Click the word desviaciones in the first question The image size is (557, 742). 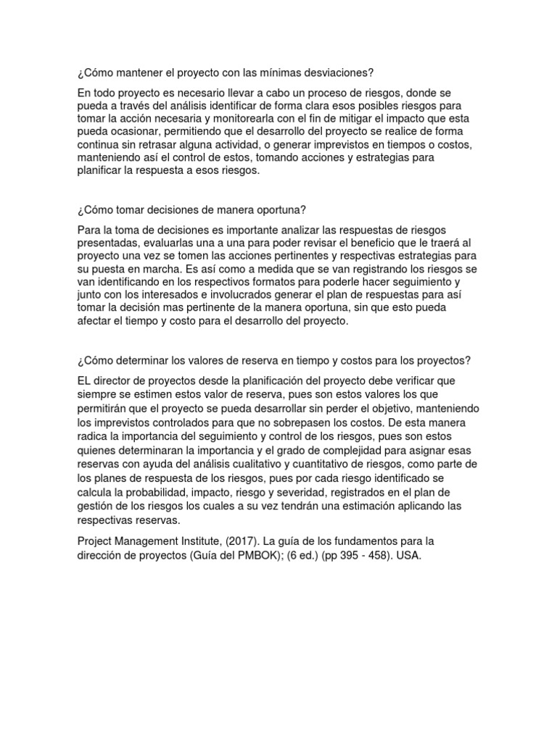[338, 72]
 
